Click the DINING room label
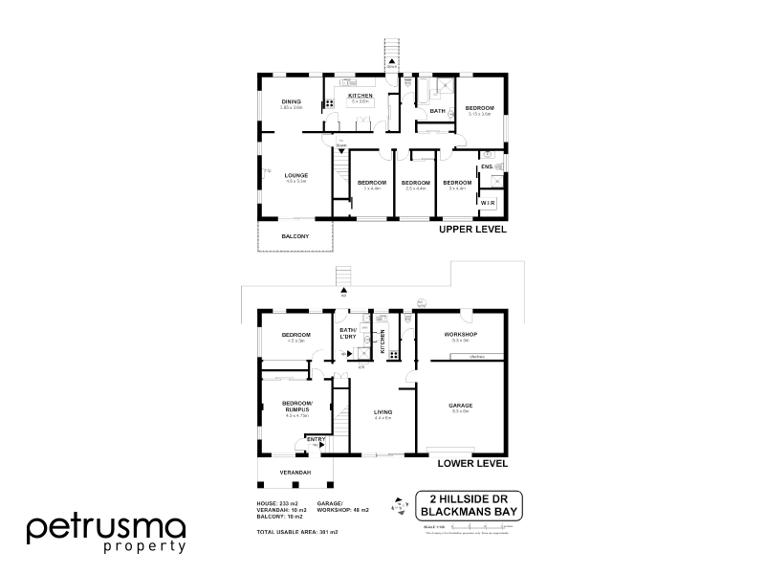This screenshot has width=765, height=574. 292,101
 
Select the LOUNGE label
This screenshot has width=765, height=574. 295,175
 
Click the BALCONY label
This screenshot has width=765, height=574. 295,235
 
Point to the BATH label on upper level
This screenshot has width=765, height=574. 438,112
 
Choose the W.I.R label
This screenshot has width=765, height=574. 488,204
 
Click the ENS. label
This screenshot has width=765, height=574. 487,167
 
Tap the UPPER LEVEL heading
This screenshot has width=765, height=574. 472,231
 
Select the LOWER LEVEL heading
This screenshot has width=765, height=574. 472,463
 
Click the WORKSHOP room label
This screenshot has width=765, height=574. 461,334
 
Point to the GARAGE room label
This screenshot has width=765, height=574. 460,406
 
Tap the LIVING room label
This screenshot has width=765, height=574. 383,412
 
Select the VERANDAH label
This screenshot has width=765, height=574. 295,473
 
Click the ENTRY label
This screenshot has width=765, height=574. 316,439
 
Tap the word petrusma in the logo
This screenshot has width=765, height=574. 105,526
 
